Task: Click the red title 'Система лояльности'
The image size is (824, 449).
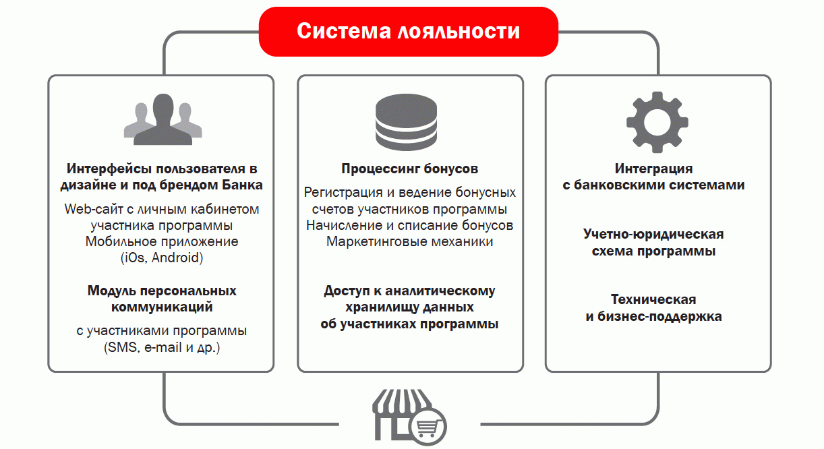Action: click(409, 31)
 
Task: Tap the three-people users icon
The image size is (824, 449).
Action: click(163, 119)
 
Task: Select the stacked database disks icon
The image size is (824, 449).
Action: click(406, 122)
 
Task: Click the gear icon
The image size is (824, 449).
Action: click(657, 122)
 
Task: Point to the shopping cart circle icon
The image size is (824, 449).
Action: click(428, 427)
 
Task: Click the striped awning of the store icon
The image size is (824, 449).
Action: click(402, 402)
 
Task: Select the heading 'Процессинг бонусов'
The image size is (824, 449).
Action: click(410, 169)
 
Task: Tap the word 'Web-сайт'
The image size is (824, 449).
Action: click(94, 209)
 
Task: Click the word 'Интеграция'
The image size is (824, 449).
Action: click(653, 169)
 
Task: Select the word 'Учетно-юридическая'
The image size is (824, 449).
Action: click(653, 234)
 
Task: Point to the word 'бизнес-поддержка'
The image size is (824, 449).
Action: click(659, 317)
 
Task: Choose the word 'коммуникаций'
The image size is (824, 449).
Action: click(162, 307)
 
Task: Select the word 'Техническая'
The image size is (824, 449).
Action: click(653, 300)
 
